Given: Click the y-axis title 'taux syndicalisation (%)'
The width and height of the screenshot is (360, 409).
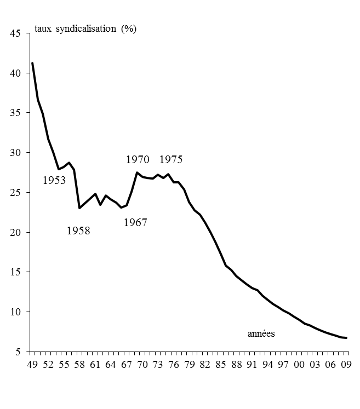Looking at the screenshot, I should (x=85, y=29).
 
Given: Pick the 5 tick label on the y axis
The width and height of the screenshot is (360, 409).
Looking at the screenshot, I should (x=18, y=352).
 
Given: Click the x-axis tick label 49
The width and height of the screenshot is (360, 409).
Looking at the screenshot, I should (x=32, y=364).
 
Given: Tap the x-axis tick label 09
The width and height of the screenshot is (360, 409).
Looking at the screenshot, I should (x=346, y=364).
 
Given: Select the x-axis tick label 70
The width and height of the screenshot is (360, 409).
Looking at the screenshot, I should (x=142, y=364).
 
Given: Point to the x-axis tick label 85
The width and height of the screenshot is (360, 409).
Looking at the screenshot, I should (x=221, y=364).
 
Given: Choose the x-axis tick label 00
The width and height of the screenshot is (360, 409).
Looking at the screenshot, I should (x=299, y=364).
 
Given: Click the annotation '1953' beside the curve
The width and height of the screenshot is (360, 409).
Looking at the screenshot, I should (x=54, y=180).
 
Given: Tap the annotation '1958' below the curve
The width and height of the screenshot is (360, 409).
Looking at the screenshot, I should (x=78, y=231).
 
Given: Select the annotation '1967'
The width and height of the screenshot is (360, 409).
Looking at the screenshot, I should (x=135, y=222).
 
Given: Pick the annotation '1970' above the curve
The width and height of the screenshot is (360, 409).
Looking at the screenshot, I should (x=138, y=160).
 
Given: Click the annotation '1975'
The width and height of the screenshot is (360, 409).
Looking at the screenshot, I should (x=171, y=160).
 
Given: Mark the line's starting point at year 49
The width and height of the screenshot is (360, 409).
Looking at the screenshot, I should (x=32, y=63).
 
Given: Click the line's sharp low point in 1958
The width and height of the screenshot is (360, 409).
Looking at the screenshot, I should (x=79, y=208).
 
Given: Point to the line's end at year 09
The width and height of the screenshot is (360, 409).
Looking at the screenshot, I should (x=346, y=338).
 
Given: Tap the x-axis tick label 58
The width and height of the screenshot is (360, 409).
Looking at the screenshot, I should (x=79, y=364).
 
